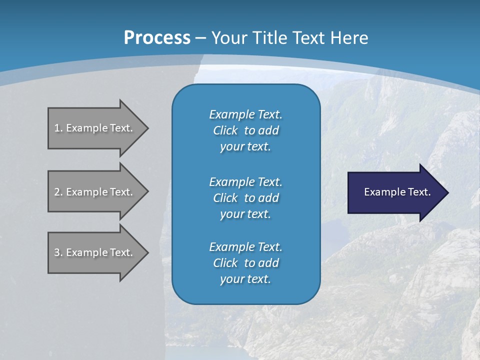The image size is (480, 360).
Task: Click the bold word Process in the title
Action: point(157,37)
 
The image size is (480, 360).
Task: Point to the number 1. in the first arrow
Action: point(58,128)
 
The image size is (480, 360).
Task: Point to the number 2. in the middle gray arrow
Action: point(58,192)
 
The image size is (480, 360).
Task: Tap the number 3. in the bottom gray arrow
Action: point(58,252)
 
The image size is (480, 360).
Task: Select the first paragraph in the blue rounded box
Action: point(245,130)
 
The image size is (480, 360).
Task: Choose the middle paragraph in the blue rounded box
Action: point(245,197)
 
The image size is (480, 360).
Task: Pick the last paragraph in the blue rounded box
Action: point(245,263)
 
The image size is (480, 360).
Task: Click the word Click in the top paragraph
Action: point(225,130)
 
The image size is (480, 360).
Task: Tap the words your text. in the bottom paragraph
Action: point(245,279)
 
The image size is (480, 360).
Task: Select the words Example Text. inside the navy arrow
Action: point(397,192)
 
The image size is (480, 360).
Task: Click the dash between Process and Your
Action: point(200,38)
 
